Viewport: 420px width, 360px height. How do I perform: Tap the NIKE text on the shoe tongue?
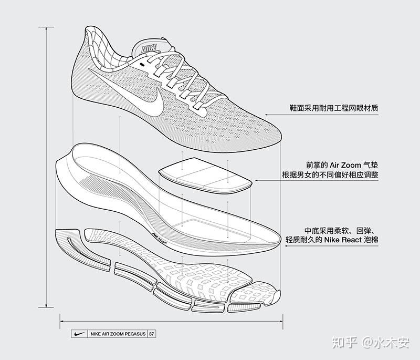149,49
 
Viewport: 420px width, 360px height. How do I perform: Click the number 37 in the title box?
152,334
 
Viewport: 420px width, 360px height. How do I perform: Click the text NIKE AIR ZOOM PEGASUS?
118,334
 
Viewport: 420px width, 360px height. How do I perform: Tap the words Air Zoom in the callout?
345,165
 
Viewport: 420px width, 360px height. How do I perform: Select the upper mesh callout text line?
334,108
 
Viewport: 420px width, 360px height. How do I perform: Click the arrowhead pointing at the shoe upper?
267,115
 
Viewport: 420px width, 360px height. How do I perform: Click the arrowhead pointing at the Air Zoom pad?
256,180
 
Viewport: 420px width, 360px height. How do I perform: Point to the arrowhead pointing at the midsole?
286,245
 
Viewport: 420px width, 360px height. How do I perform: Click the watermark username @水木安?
385,343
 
